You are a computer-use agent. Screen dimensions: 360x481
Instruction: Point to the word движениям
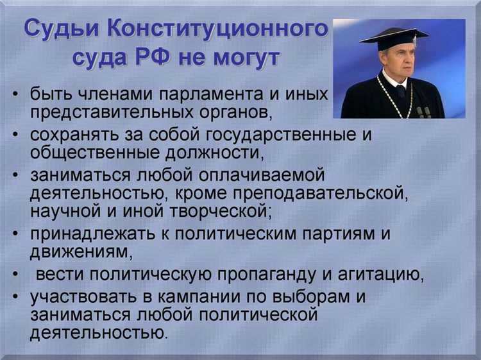tap(77, 253)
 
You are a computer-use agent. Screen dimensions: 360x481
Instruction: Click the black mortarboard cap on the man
tap(392, 37)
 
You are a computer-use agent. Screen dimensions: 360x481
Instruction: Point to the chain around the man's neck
tap(393, 96)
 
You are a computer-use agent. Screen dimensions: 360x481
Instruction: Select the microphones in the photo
tap(423, 112)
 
